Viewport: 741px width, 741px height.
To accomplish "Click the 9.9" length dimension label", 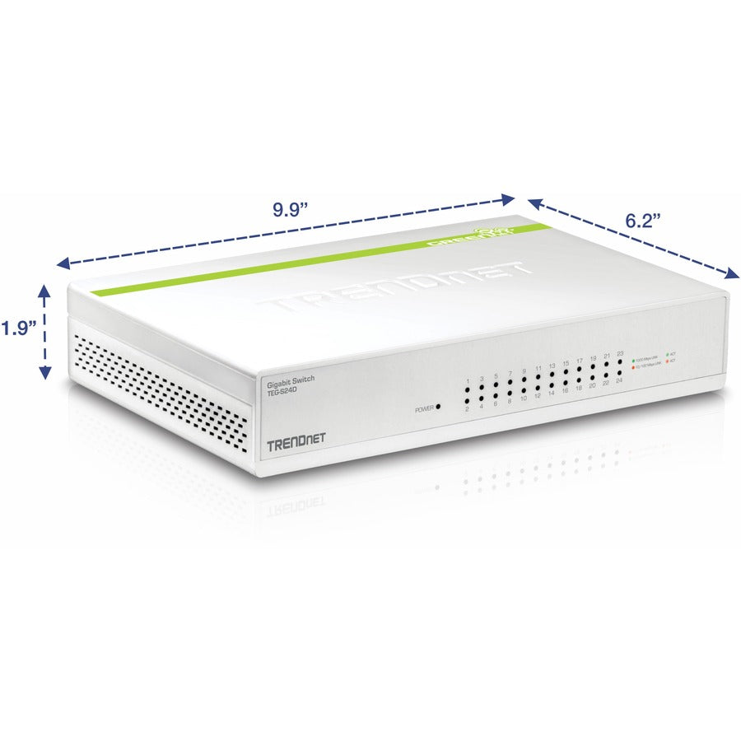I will pos(290,209).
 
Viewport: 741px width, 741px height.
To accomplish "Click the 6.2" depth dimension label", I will pos(643,221).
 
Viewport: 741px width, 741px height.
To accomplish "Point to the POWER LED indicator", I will pos(438,407).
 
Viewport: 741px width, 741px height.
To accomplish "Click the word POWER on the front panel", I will pos(424,408).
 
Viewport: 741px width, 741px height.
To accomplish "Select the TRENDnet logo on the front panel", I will pos(296,445).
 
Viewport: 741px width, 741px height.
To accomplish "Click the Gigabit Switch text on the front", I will pos(290,378).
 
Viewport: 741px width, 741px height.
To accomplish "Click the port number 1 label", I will pos(468,381).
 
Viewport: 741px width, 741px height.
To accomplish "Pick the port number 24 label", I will pos(618,381).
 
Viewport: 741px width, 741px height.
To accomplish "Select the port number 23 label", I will pos(619,354).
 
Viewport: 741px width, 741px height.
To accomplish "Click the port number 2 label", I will pos(468,409).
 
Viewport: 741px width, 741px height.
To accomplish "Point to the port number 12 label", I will pos(537,396).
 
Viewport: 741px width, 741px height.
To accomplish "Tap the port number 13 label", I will pos(552,365).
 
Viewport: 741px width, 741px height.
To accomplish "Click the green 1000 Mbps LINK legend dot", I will pos(633,361).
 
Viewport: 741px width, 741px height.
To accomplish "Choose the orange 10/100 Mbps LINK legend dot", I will pos(632,368).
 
